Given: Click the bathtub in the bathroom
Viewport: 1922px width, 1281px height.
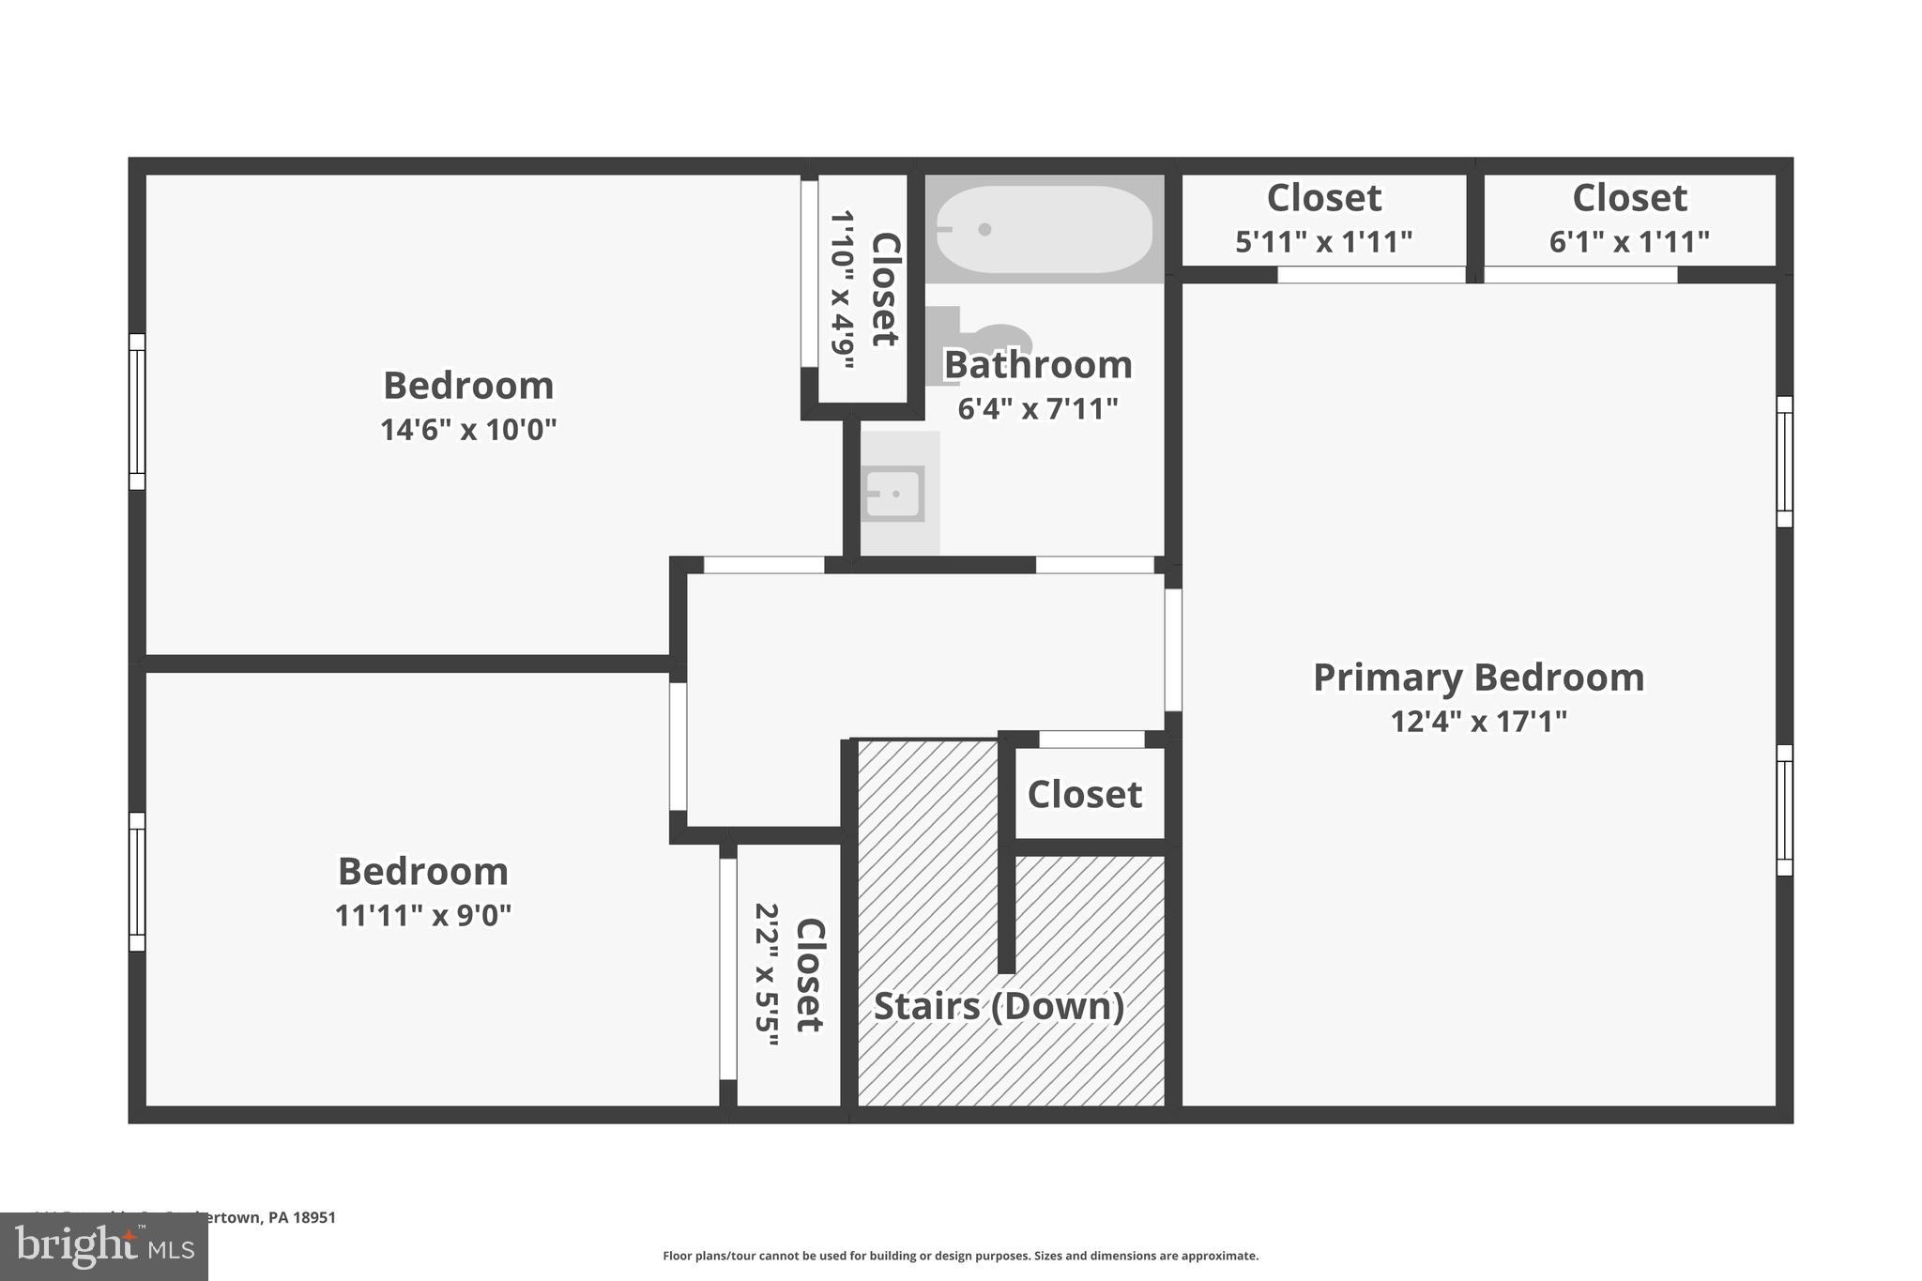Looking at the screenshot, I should (x=1044, y=229).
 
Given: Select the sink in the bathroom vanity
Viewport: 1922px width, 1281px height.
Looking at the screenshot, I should (x=893, y=494).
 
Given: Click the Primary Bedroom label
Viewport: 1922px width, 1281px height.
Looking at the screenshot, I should (x=1478, y=678).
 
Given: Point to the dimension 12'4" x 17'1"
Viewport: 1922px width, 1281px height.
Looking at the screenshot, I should (x=1478, y=722).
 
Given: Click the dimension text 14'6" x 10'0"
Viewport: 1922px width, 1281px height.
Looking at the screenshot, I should (x=468, y=430).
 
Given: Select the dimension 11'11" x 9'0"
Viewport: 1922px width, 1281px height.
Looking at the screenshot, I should (x=423, y=915).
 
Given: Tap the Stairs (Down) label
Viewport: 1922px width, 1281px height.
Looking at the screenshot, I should (x=999, y=1006).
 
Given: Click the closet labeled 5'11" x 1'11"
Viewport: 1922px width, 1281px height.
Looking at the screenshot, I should (x=1323, y=220).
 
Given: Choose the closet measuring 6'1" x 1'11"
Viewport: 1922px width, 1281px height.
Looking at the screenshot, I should (x=1629, y=220).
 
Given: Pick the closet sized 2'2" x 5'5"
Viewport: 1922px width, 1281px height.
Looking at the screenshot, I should (x=789, y=975).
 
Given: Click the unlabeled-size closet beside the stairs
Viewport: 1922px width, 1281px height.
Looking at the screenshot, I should (x=1085, y=794).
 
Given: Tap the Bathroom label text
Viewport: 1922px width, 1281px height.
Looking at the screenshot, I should (x=1037, y=365).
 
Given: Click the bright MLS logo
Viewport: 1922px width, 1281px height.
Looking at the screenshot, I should (x=104, y=1246).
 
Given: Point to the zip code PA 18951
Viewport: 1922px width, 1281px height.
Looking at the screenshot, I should (x=301, y=1217).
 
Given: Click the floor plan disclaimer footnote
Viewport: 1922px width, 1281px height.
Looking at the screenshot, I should (x=960, y=1256).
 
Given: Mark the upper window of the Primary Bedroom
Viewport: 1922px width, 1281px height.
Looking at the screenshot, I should (x=1784, y=462).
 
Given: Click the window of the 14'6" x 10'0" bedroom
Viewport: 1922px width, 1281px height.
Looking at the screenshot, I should (x=137, y=412).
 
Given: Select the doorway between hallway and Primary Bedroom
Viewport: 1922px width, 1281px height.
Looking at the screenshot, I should (x=1173, y=649).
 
